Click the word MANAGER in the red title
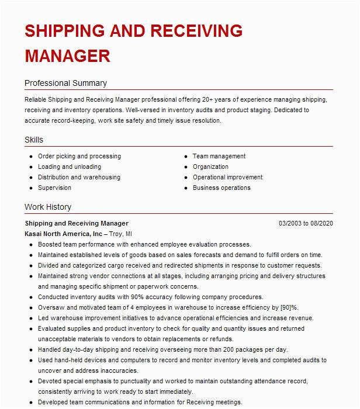pos(67,56)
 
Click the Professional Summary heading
pos(65,83)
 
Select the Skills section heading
pos(34,140)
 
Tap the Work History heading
pos(48,207)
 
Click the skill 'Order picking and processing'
pos(79,157)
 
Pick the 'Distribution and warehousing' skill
pos(79,178)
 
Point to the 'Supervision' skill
pos(54,188)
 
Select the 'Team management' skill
pos(219,157)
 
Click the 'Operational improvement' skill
pos(228,178)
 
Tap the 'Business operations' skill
pos(221,188)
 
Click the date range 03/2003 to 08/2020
pos(306,223)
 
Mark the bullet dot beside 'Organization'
pos(185,167)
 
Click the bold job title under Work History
pos(77,223)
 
